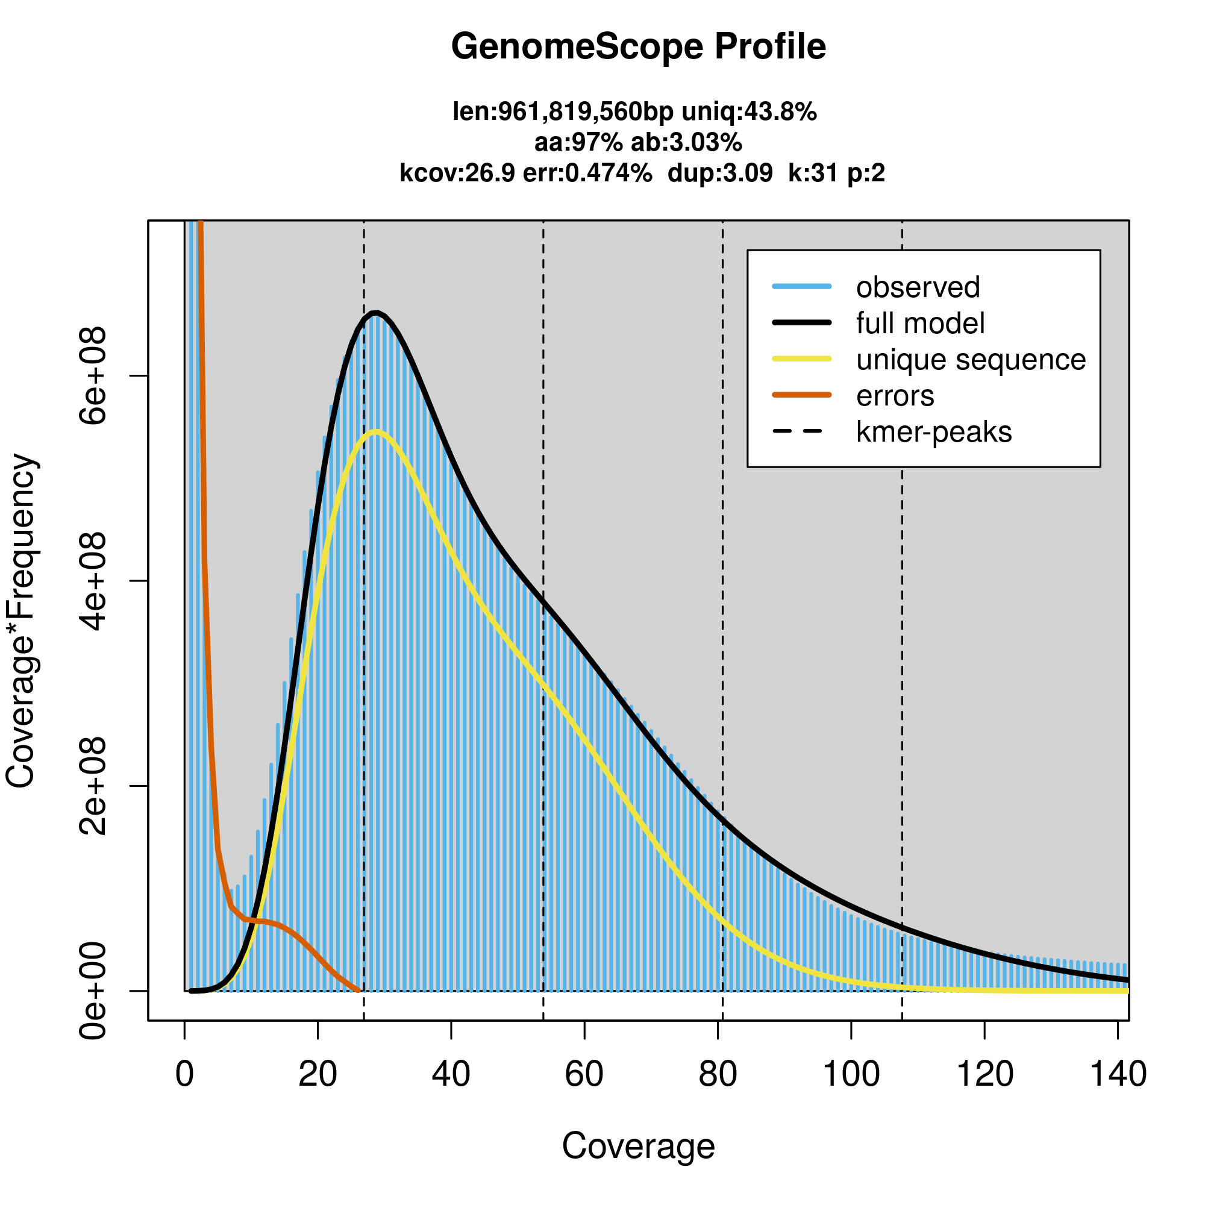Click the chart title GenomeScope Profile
click(638, 47)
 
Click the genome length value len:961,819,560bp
click(563, 112)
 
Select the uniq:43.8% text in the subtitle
click(748, 112)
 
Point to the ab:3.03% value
click(686, 143)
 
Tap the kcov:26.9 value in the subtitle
click(457, 173)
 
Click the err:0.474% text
click(587, 173)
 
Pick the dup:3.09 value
click(720, 173)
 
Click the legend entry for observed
click(918, 287)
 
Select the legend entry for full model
click(920, 324)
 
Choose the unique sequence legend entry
click(971, 360)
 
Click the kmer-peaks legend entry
click(934, 432)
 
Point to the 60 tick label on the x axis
click(584, 1074)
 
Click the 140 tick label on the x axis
click(1118, 1074)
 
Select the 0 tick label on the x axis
click(184, 1074)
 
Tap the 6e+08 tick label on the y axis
click(93, 376)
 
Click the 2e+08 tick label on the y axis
click(93, 786)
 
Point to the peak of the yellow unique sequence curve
click(375, 431)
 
